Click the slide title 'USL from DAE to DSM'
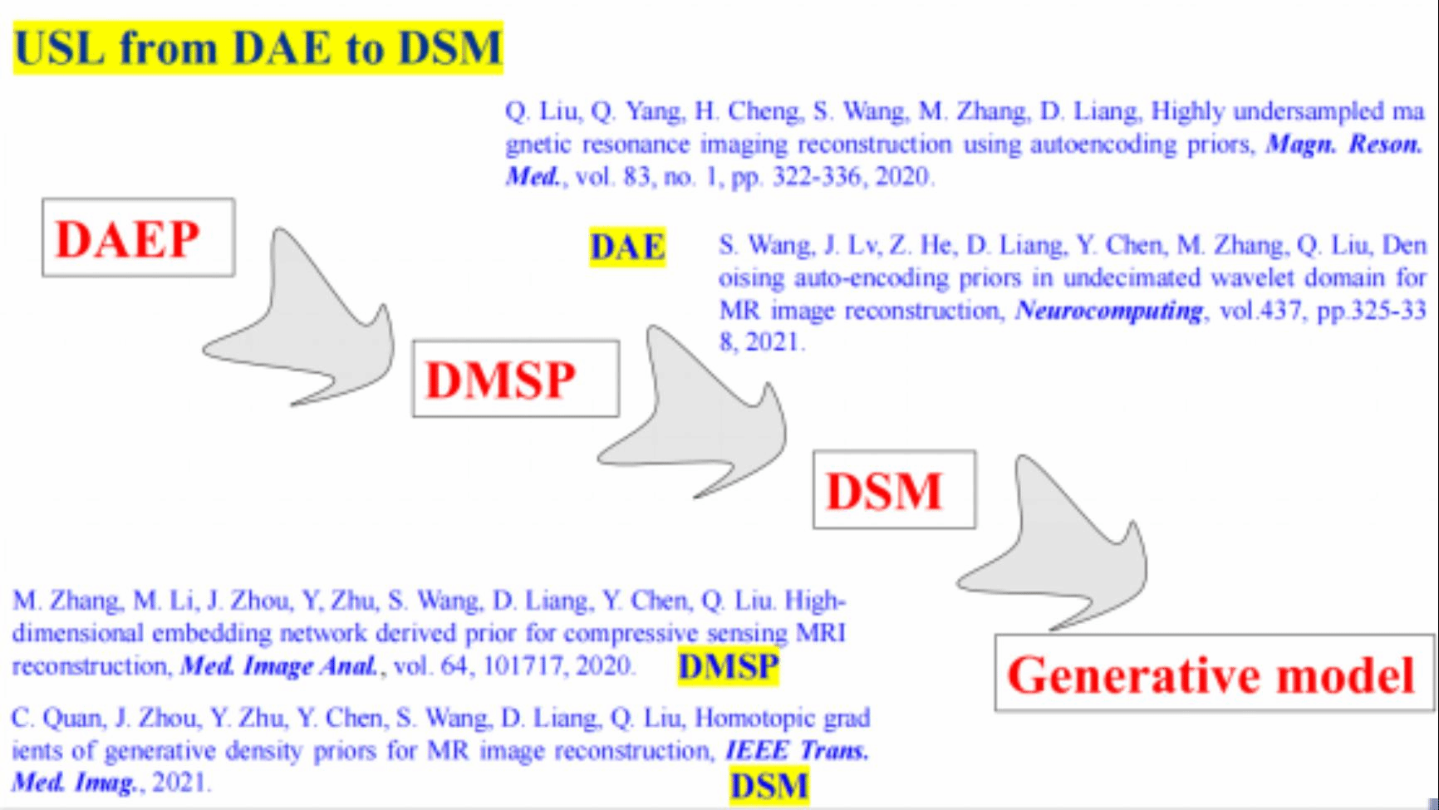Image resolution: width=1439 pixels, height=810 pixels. click(x=258, y=47)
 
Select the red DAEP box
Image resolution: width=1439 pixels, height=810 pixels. click(x=139, y=238)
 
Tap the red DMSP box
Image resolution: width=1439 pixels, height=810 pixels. click(x=516, y=379)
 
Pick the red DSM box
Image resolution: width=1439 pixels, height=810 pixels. click(x=894, y=489)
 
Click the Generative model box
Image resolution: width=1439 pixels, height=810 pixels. click(x=1214, y=674)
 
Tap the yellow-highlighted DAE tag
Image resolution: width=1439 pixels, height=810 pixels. click(x=628, y=247)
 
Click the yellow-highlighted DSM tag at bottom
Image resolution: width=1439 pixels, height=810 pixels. click(x=769, y=786)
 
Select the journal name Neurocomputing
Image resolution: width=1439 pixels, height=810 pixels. click(x=1109, y=311)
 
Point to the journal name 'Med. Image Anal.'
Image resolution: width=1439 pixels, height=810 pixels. click(x=279, y=666)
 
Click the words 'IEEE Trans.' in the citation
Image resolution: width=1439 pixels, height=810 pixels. click(x=798, y=750)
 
